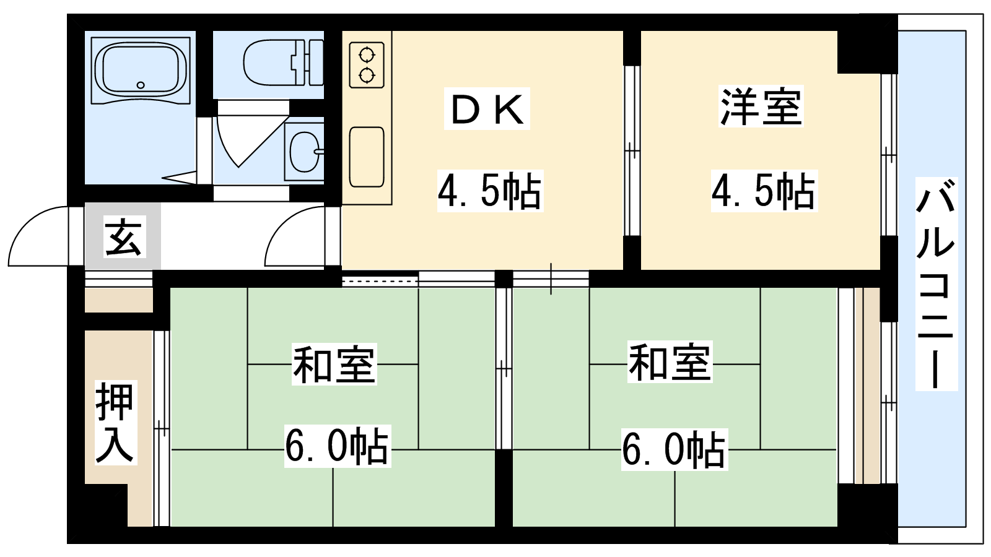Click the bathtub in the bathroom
click(141, 71)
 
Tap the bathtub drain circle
click(141, 85)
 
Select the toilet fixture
click(283, 63)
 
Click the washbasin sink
click(304, 151)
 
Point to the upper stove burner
click(367, 55)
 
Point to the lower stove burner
click(367, 76)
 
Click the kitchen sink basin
click(366, 157)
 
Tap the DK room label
click(487, 109)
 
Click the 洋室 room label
click(761, 107)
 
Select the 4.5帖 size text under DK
click(490, 191)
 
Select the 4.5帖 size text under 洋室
click(764, 191)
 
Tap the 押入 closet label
click(115, 423)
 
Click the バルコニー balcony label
click(936, 284)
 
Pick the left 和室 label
click(334, 365)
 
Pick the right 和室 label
click(670, 363)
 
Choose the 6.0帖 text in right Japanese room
click(674, 449)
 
